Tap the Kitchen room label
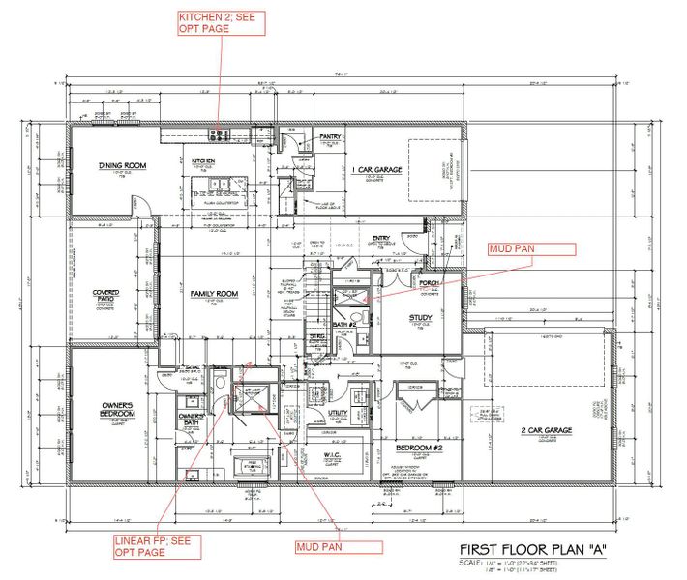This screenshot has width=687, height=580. pyautogui.click(x=202, y=160)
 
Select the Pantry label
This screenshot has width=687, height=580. pyautogui.click(x=332, y=139)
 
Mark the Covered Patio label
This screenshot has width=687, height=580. pyautogui.click(x=105, y=297)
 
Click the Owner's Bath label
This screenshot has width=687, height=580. pyautogui.click(x=191, y=420)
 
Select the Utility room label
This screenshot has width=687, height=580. pyautogui.click(x=338, y=412)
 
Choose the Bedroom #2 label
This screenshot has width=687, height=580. pyautogui.click(x=420, y=448)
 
